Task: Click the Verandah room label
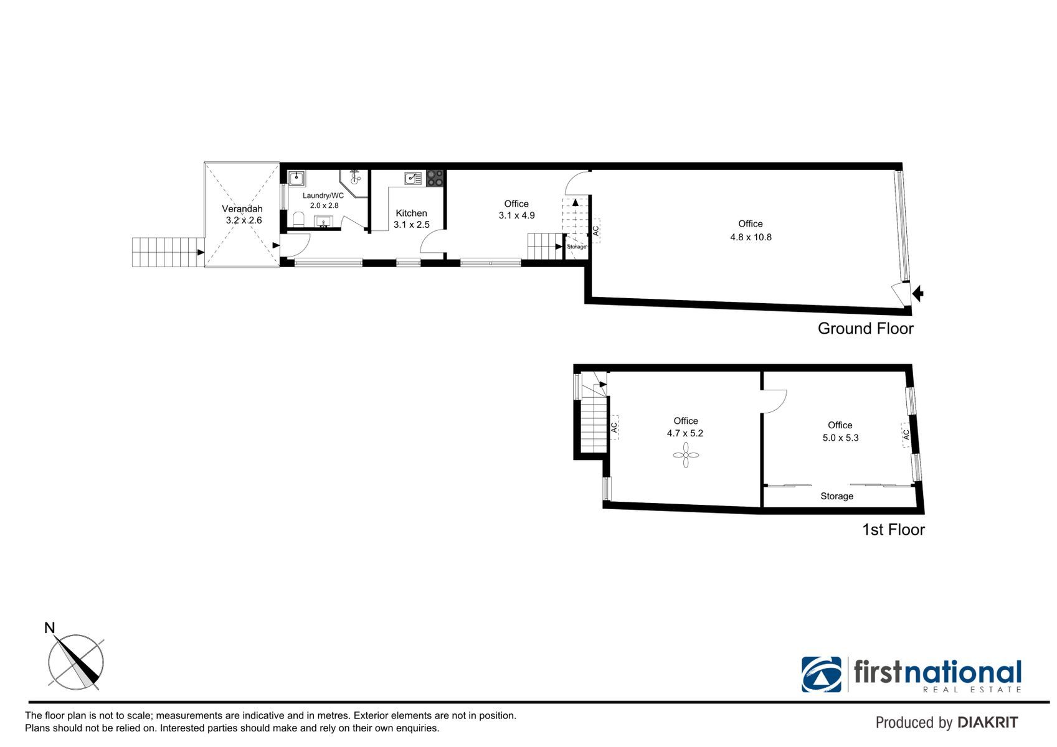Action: coord(242,209)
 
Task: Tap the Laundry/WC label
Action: coord(323,195)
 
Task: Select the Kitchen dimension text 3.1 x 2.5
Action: coord(412,225)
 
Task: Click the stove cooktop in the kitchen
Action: coord(435,178)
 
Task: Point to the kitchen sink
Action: coord(413,178)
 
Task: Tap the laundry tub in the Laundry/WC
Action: coord(296,178)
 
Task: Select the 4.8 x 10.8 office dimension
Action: coord(751,237)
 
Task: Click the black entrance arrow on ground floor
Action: coord(918,294)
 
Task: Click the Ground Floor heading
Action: coord(865,329)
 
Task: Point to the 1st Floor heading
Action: coord(893,530)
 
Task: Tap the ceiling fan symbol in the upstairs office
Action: coord(686,455)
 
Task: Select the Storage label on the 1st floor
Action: coord(837,496)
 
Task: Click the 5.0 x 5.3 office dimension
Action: coord(840,438)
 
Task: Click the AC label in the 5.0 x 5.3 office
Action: coord(906,435)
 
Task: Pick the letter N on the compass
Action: coord(50,628)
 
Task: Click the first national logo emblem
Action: coord(821,674)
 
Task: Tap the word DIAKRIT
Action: coord(988,723)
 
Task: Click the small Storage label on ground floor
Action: coord(576,247)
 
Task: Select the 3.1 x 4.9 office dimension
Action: coord(517,215)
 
